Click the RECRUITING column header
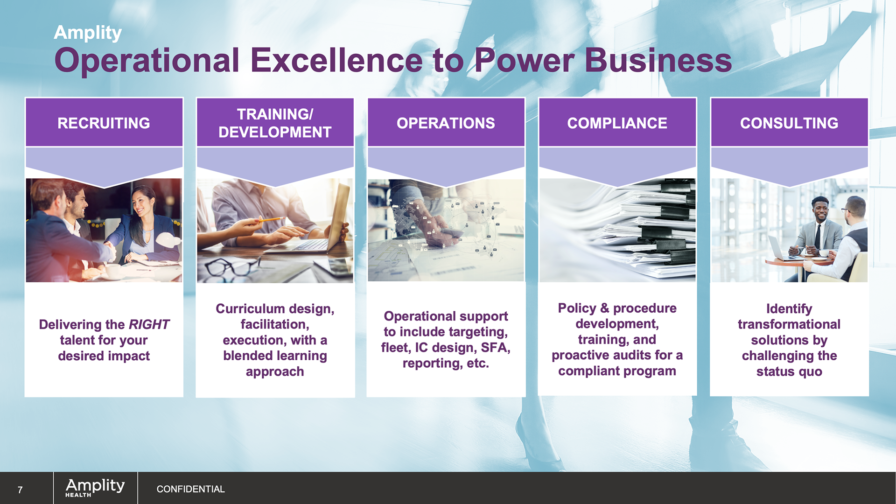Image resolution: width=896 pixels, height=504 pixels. click(104, 123)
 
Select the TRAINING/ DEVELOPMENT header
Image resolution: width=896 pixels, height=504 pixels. click(275, 123)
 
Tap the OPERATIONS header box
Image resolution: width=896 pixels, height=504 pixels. click(446, 123)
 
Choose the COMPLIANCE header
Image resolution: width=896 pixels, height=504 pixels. click(617, 123)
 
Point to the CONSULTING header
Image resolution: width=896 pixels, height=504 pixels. click(789, 123)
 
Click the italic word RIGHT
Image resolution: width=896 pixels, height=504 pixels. click(149, 324)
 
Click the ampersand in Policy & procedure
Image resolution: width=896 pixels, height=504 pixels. click(604, 308)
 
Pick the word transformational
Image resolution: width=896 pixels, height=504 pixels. click(789, 324)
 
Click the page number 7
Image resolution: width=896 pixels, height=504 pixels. click(20, 490)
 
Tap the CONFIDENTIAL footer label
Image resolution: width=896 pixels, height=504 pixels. click(190, 489)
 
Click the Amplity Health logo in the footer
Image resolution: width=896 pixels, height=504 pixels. click(95, 488)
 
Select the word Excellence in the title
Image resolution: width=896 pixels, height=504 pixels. click(336, 61)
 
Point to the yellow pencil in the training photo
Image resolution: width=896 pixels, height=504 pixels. click(271, 219)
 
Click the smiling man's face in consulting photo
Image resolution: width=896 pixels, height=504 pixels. click(820, 211)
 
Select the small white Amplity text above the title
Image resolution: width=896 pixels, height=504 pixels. click(88, 33)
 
